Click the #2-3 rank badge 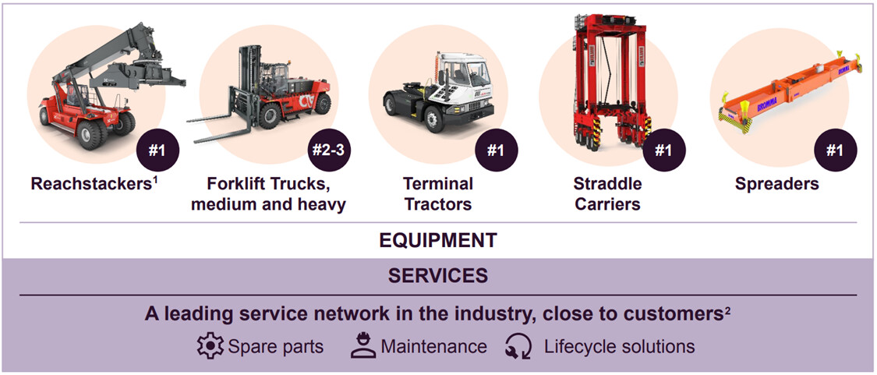coord(330,150)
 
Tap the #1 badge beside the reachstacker coord(158,150)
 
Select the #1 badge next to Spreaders coord(835,150)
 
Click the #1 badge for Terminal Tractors coord(496,150)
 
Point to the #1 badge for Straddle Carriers coord(664,150)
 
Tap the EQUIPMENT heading coord(438,240)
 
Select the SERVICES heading coord(438,275)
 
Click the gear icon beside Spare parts coord(210,346)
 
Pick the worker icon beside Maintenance coord(363,346)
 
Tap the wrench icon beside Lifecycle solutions coord(518,346)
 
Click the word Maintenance coord(434,346)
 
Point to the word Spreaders coord(777,184)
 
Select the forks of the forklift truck coord(219,126)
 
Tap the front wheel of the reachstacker coord(90,135)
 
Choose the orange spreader coord(790,92)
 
